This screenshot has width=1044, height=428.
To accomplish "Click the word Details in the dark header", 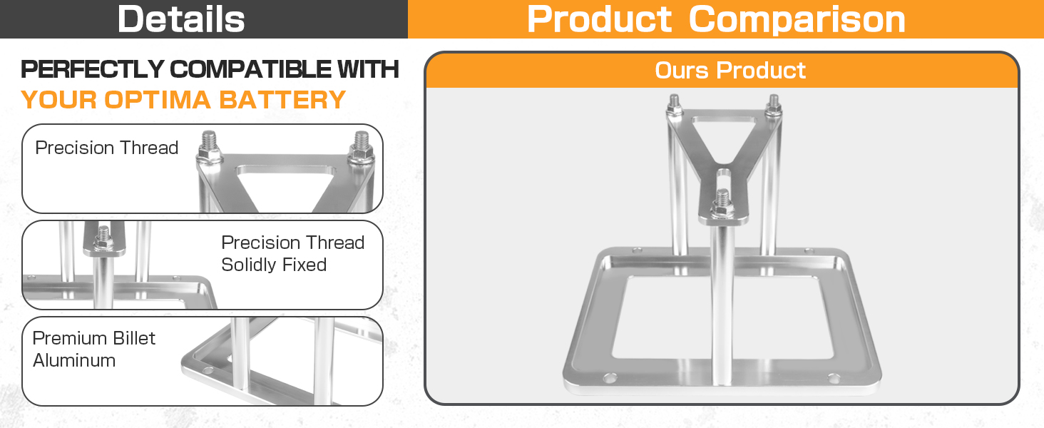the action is [x=181, y=19].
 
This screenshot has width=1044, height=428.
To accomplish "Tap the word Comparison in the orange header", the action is [x=797, y=19].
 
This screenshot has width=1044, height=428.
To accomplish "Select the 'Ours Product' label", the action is [x=730, y=71].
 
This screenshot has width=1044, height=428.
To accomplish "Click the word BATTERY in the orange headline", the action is [x=282, y=100].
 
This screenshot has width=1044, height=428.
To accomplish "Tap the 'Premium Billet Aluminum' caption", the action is [x=93, y=350].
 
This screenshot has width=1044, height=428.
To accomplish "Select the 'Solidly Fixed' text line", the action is [x=274, y=265].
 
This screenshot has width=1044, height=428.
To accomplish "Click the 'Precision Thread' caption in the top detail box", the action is [x=107, y=148].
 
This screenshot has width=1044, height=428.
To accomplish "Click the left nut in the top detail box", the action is [x=209, y=153].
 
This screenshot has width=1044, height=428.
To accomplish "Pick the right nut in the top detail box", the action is [x=362, y=153].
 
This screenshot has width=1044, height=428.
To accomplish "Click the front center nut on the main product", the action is [x=722, y=210].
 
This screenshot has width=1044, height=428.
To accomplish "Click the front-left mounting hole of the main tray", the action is [x=610, y=377].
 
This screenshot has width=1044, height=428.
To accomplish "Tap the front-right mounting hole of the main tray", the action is [x=834, y=377].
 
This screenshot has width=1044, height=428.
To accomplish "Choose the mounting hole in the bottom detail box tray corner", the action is [x=208, y=371].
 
